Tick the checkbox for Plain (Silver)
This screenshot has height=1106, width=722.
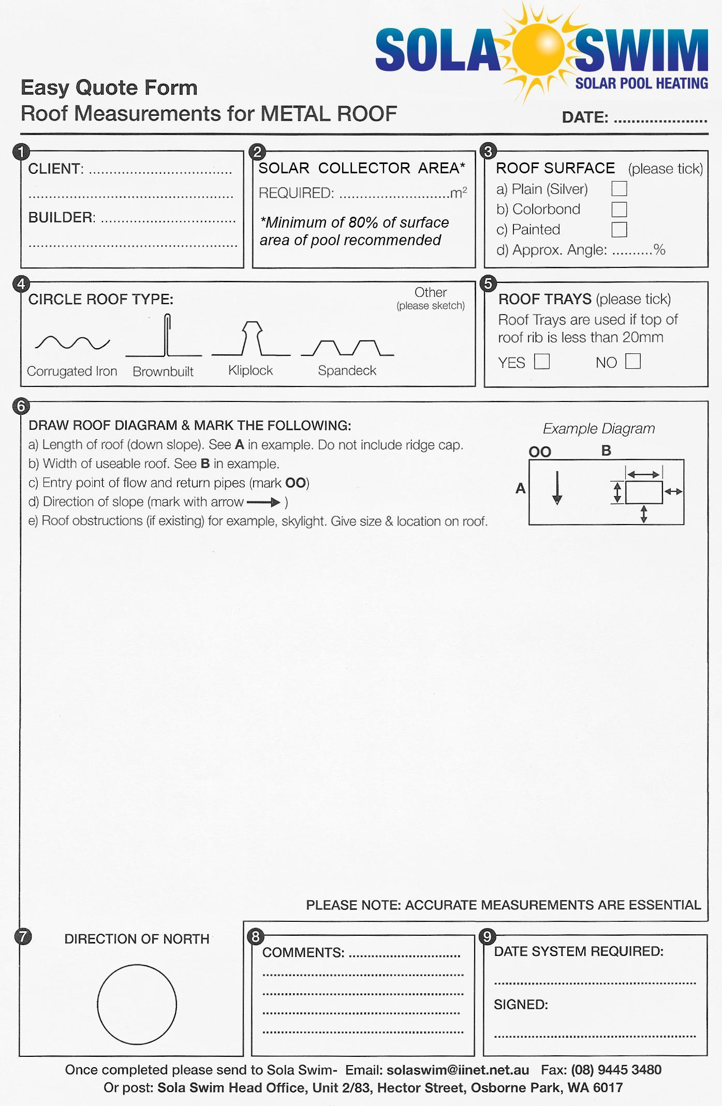pos(619,188)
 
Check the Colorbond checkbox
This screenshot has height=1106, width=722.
pos(619,209)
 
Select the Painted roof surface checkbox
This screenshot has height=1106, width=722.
pos(619,229)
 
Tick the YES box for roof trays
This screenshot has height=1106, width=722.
pos(542,361)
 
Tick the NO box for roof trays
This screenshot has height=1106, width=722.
pos(633,361)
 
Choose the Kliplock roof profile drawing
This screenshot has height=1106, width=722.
pos(252,339)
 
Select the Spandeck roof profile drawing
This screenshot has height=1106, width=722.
pos(347,348)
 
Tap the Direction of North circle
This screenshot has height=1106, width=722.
pos(137,1004)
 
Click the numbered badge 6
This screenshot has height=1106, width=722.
pos(21,406)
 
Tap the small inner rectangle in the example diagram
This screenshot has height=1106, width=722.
pos(644,492)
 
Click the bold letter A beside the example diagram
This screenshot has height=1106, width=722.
pos(521,488)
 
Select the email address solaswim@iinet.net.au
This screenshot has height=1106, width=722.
pos(458,1070)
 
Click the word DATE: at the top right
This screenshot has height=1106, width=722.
pos(585,117)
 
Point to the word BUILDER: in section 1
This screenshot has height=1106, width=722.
pos(62,217)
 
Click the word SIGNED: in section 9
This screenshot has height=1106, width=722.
pos(521,1005)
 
